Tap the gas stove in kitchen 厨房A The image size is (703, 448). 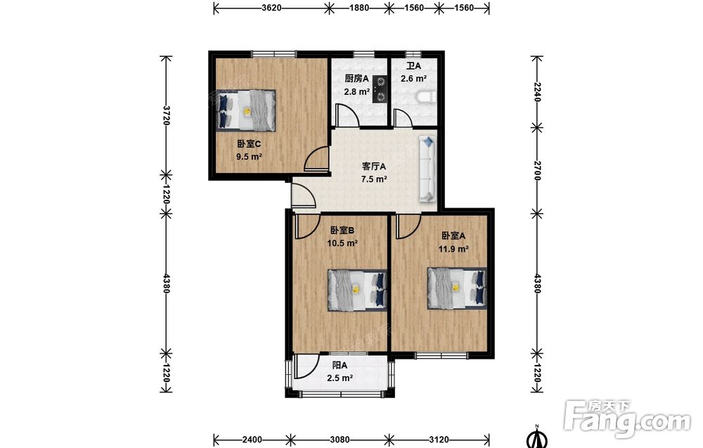pyautogui.click(x=380, y=89)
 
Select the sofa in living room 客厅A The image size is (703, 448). pyautogui.click(x=427, y=169)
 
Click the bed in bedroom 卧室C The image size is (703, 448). pyautogui.click(x=246, y=110)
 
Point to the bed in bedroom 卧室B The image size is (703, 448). pyautogui.click(x=357, y=290)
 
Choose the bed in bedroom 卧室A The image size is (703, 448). pyautogui.click(x=457, y=288)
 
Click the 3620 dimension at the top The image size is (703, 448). pyautogui.click(x=271, y=8)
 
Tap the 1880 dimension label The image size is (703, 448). pyautogui.click(x=359, y=8)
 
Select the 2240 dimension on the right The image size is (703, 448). pyautogui.click(x=537, y=92)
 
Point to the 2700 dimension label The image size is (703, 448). pyautogui.click(x=537, y=171)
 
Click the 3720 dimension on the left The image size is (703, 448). pyautogui.click(x=166, y=116)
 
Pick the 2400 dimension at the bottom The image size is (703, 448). pyautogui.click(x=252, y=440)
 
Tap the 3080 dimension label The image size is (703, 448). pyautogui.click(x=340, y=440)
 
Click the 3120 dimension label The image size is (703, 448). pyautogui.click(x=439, y=440)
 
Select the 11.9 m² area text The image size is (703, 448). pyautogui.click(x=453, y=248)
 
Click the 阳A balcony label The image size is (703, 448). pyautogui.click(x=340, y=366)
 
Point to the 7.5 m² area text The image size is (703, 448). pyautogui.click(x=374, y=179)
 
